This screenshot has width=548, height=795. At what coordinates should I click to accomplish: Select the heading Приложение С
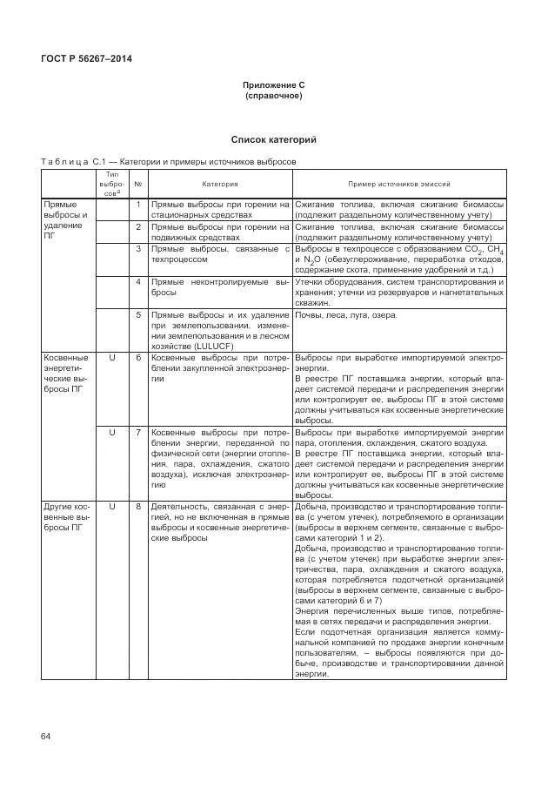pos(274,84)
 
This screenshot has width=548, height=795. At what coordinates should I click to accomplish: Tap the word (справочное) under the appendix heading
pos(274,95)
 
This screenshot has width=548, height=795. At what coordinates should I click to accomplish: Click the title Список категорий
pos(273,139)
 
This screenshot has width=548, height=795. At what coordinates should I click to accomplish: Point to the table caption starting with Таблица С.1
pos(168,161)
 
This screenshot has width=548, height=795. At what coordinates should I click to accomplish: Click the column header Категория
pos(219,185)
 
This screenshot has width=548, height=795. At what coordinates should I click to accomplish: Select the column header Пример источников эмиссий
pos(398,185)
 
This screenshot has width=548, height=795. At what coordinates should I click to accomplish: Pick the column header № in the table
pos(137,185)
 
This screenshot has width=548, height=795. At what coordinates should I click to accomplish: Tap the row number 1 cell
pos(137,204)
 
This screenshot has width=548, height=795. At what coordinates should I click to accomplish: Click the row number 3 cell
pos(137,249)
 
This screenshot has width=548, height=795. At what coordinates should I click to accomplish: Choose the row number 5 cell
pos(137,314)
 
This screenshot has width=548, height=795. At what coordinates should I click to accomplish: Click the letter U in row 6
pos(111,358)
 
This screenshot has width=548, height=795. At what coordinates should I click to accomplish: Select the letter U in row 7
pos(111,432)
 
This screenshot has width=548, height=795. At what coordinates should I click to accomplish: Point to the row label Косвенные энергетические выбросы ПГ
pos(66,374)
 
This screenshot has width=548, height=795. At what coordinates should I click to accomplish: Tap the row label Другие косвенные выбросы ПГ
pos(66,515)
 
